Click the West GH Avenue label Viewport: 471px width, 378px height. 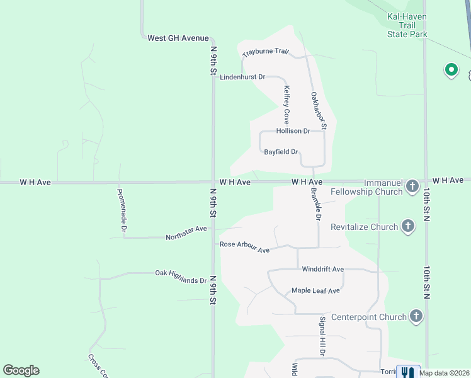click(x=178, y=38)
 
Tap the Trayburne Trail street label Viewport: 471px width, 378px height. click(x=265, y=53)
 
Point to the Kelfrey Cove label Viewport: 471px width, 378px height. click(x=287, y=104)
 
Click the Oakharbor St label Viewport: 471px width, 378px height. click(x=319, y=110)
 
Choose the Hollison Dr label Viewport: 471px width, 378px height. click(x=293, y=131)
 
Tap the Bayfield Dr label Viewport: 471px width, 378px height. click(x=281, y=152)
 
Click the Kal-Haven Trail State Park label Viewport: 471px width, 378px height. click(x=407, y=25)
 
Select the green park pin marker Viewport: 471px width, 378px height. click(x=451, y=70)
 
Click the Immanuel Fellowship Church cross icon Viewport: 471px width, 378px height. click(x=412, y=186)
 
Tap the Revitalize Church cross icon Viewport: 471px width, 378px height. click(x=407, y=226)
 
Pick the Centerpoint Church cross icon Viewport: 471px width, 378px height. click(x=415, y=316)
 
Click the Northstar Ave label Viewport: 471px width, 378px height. click(x=186, y=233)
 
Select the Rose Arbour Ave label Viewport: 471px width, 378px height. click(x=244, y=247)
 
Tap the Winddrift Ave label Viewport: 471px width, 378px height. click(x=322, y=269)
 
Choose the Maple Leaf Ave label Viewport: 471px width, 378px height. click(x=315, y=290)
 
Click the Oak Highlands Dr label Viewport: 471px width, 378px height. click(x=181, y=277)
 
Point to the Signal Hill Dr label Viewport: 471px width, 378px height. click(x=322, y=336)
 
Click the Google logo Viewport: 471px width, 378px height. click(x=21, y=370)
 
